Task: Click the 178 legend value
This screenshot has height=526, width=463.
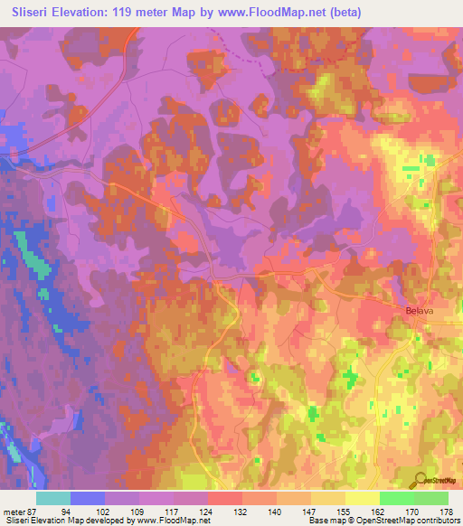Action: pyautogui.click(x=447, y=512)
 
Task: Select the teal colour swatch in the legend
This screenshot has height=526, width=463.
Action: pyautogui.click(x=53, y=498)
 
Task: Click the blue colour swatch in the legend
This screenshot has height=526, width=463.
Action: pyautogui.click(x=88, y=498)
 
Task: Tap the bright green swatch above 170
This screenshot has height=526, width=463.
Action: pyautogui.click(x=397, y=498)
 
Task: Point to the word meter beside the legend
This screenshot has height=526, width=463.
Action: pyautogui.click(x=15, y=512)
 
